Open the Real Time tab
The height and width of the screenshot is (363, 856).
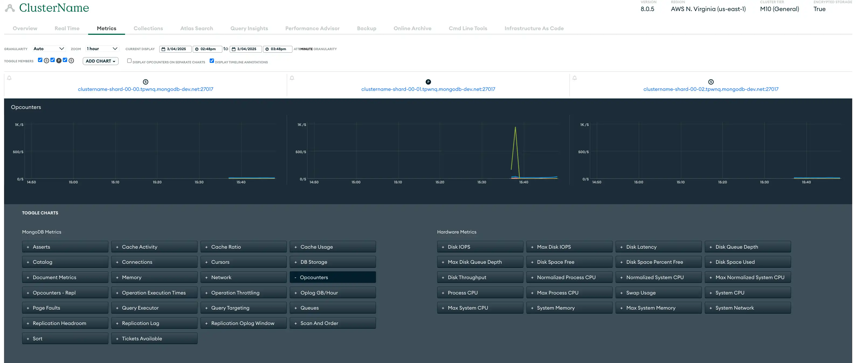click(67, 28)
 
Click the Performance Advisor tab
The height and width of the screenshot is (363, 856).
click(312, 28)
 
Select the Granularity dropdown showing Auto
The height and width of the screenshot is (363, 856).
click(49, 49)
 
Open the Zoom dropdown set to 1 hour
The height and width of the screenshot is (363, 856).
click(102, 49)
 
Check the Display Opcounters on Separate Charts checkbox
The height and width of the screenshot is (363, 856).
click(129, 61)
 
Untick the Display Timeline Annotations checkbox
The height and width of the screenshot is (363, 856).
click(212, 61)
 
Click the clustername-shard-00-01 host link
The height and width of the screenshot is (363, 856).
click(428, 89)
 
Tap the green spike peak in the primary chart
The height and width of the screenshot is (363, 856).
click(515, 127)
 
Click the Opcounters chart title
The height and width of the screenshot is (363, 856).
click(26, 107)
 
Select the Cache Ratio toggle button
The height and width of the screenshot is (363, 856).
click(243, 247)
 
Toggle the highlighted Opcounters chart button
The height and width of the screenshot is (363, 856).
click(333, 277)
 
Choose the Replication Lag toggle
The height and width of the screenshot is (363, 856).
click(154, 323)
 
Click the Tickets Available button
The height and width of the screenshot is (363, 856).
click(154, 338)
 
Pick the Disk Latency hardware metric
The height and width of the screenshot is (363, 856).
click(658, 247)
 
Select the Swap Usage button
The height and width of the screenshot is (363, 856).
click(658, 293)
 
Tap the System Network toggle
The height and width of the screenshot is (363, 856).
click(748, 308)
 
